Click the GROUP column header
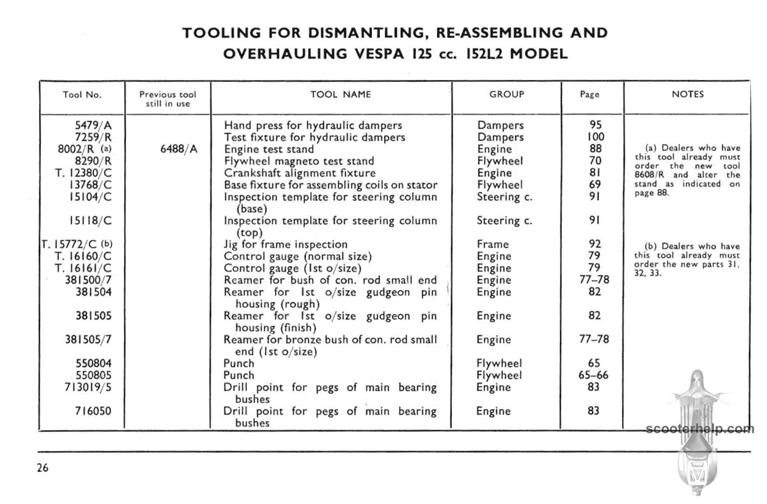click(x=506, y=94)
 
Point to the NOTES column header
click(x=688, y=94)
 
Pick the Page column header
click(x=589, y=94)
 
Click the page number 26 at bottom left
click(x=43, y=468)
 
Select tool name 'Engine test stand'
click(x=268, y=149)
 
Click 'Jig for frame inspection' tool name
click(x=285, y=244)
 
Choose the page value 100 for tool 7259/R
click(x=594, y=137)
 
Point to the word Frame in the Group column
click(x=493, y=244)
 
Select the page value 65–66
click(x=594, y=375)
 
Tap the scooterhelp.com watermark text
click(x=699, y=429)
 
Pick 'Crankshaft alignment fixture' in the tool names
click(x=299, y=173)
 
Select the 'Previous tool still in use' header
click(x=167, y=98)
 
